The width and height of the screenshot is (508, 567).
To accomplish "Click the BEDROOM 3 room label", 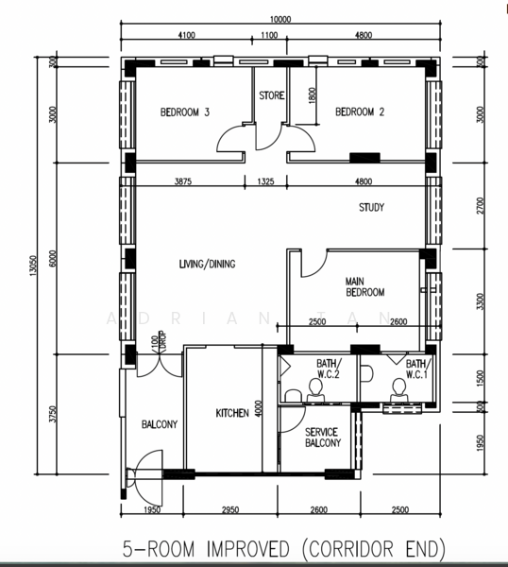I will coord(184,112).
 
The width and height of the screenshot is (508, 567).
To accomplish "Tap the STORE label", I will coord(272,95).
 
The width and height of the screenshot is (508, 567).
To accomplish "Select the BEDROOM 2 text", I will coord(360,112).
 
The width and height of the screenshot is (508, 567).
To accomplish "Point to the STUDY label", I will coord(371,209).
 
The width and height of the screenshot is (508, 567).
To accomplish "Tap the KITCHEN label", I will coord(232,413).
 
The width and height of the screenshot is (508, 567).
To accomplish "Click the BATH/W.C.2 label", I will coord(327,368).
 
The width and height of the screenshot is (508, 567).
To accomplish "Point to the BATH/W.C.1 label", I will coord(416,368).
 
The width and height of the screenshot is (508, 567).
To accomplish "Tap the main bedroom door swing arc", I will coord(310,264).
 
